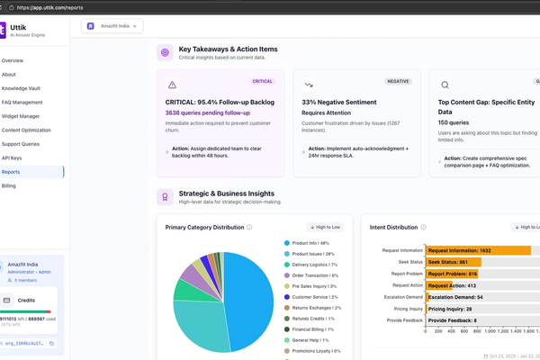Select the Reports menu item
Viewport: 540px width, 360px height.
pyautogui.click(x=12, y=171)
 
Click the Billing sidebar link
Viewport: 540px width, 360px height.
pyautogui.click(x=9, y=185)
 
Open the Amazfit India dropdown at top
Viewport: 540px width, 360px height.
pyautogui.click(x=112, y=26)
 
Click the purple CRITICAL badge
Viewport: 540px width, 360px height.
pyautogui.click(x=262, y=81)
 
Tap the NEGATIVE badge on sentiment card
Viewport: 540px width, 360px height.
pyautogui.click(x=398, y=81)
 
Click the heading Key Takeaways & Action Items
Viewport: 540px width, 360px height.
pyautogui.click(x=228, y=49)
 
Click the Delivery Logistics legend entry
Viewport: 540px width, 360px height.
pyautogui.click(x=313, y=265)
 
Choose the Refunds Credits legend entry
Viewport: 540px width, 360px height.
pyautogui.click(x=311, y=318)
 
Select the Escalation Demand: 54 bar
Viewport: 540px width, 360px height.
pyautogui.click(x=455, y=296)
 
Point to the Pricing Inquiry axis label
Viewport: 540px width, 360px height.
pyautogui.click(x=401, y=308)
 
